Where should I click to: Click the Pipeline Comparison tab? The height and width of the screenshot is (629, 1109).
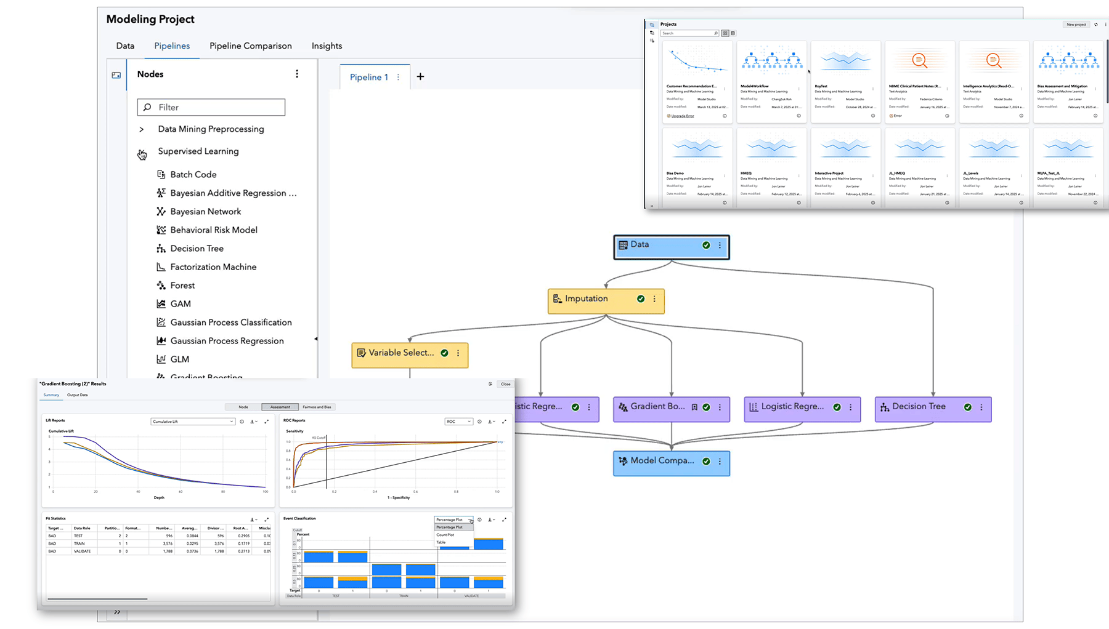coord(250,46)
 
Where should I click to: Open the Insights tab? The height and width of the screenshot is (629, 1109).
coord(327,46)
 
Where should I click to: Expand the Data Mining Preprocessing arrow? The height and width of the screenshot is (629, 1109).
coord(142,129)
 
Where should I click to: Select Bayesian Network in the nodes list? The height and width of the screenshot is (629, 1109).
coord(205,212)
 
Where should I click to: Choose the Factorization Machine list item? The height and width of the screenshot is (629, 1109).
coord(213,267)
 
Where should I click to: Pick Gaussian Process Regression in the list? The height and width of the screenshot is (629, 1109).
coord(227,341)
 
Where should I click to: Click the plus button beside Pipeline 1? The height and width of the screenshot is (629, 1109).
coord(420,77)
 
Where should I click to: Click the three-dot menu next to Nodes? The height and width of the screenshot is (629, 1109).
coord(297,74)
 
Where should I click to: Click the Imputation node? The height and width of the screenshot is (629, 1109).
coord(591,300)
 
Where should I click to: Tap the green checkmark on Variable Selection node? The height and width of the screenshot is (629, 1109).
coord(445,353)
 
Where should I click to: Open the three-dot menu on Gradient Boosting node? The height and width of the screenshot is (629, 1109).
coord(720,407)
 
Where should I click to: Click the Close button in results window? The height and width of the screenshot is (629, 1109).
coord(505,384)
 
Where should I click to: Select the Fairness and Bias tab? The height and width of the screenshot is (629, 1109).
coord(317,407)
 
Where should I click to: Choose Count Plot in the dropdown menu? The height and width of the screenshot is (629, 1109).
coord(445,535)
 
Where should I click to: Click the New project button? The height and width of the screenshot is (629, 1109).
coord(1076,25)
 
